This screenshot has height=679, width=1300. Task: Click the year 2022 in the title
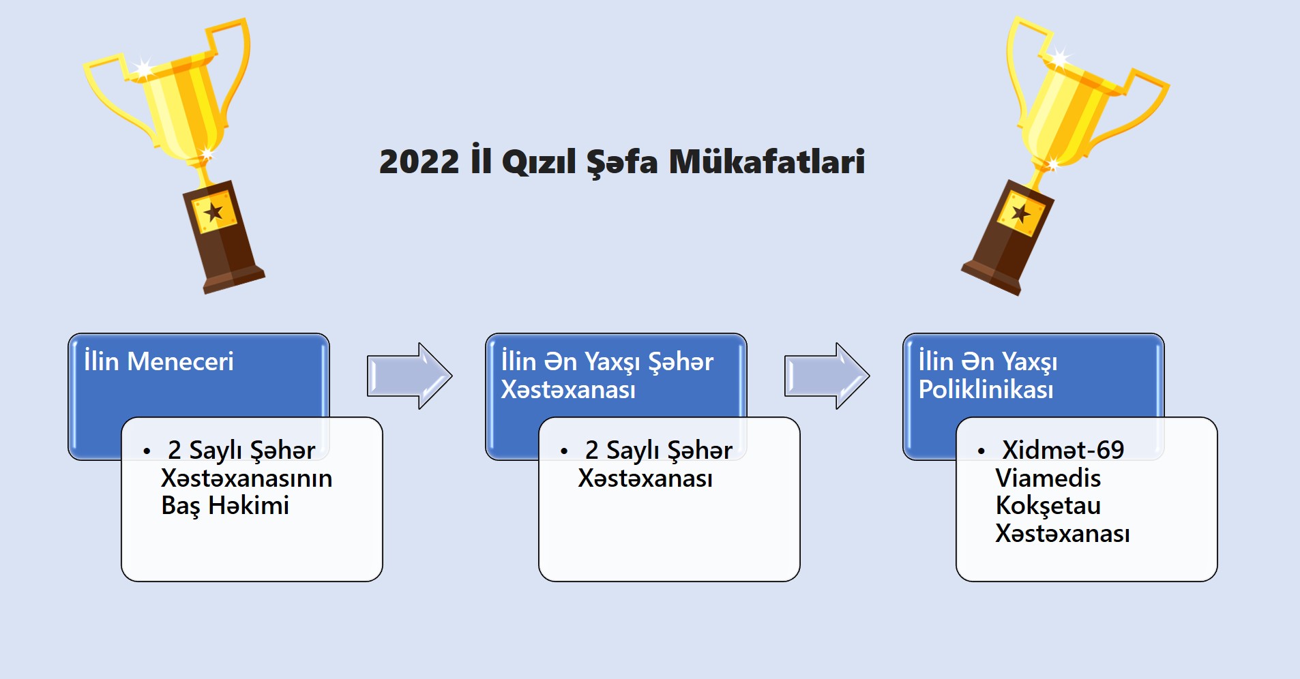(419, 162)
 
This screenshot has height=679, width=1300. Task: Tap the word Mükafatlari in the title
(767, 161)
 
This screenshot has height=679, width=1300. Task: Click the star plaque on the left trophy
(213, 212)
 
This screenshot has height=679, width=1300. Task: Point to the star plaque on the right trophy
(1021, 213)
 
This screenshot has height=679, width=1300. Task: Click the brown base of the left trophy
(224, 238)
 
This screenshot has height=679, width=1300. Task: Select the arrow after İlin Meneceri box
(409, 376)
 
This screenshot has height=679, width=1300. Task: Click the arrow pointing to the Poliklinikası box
(827, 376)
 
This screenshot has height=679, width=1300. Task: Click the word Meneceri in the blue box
(180, 361)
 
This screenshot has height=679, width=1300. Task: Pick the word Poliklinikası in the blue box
(986, 389)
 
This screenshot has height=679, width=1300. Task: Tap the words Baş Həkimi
(225, 506)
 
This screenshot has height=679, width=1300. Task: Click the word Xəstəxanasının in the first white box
(247, 478)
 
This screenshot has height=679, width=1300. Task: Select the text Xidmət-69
(1063, 450)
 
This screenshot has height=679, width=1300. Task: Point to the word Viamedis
(1048, 478)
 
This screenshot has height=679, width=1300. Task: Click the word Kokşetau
(1048, 506)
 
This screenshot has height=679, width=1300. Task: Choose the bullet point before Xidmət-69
(981, 451)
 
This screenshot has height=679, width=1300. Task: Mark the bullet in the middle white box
(564, 451)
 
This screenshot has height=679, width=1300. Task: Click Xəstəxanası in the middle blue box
(568, 389)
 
